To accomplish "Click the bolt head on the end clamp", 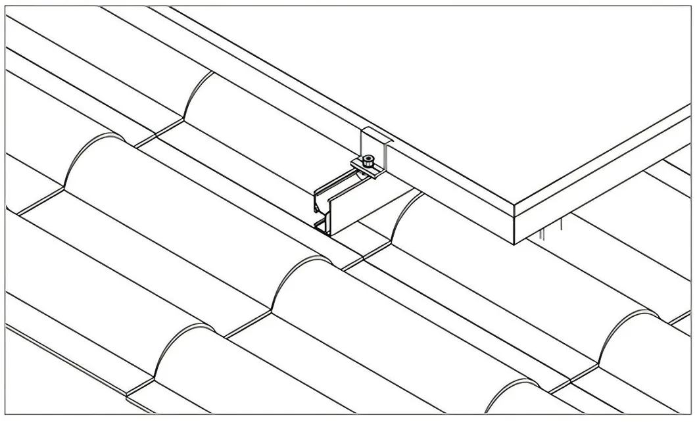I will (370, 159).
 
